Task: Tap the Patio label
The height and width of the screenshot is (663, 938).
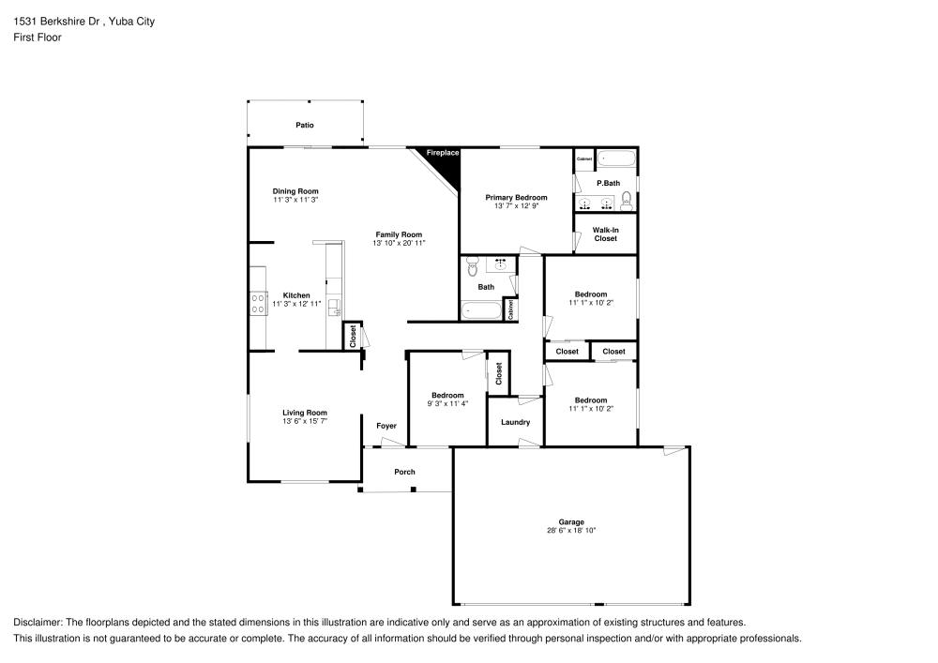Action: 305,125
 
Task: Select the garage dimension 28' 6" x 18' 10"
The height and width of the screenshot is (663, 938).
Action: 571,531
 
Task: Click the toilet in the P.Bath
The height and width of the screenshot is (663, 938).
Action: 627,201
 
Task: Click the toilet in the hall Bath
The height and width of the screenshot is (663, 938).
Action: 473,266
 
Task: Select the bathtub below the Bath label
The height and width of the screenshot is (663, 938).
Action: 482,309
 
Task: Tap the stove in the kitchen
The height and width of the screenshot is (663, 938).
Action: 258,302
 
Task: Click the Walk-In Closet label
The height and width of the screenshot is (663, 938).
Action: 605,234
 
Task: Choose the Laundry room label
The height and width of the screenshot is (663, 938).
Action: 516,422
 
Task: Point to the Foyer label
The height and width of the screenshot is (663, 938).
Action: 386,425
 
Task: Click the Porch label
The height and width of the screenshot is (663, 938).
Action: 404,472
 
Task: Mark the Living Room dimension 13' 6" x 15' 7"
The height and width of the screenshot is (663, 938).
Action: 305,421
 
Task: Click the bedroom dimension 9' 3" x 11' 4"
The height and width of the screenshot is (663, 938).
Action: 447,404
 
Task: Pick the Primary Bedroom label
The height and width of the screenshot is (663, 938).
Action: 516,197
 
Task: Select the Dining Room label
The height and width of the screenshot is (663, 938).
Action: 295,191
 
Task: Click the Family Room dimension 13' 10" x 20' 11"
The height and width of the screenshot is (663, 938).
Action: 399,244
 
